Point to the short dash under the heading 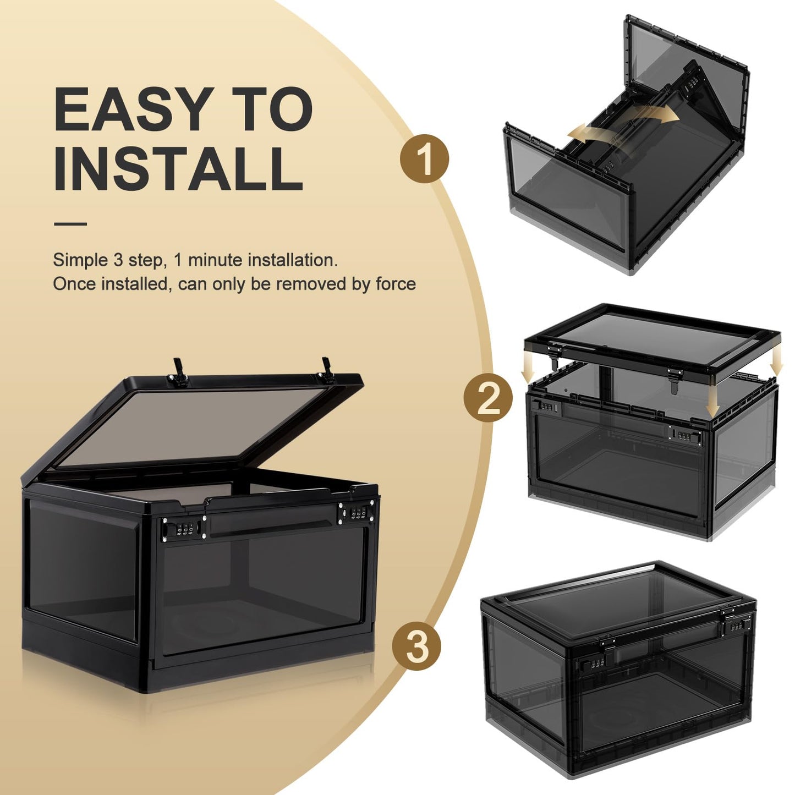pyautogui.click(x=70, y=224)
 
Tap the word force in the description pyautogui.click(x=396, y=284)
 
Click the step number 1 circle pyautogui.click(x=424, y=158)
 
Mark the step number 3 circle pyautogui.click(x=416, y=645)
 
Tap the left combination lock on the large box pyautogui.click(x=182, y=530)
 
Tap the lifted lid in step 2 pyautogui.click(x=652, y=336)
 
